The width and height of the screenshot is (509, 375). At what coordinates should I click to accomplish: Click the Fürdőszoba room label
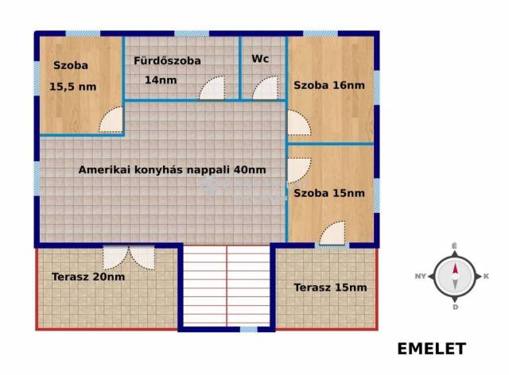[x=167, y=60]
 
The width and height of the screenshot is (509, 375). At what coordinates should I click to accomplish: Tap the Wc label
[x=260, y=59]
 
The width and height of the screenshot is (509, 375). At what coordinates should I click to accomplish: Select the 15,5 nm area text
[x=72, y=87]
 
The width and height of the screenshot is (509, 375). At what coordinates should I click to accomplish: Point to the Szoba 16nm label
[x=329, y=85]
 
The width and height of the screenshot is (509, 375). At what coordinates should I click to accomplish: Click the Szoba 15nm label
[x=329, y=193]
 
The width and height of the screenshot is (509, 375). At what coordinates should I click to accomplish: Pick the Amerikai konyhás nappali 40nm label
[x=172, y=170]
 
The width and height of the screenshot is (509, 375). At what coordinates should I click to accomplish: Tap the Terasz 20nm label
[x=88, y=276]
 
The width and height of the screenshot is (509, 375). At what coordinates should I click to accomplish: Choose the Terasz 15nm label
[x=331, y=288]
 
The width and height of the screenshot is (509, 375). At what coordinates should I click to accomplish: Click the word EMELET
[x=432, y=349]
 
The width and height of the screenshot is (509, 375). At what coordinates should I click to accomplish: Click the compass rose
[x=455, y=276]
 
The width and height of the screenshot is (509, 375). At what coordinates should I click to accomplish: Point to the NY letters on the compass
[x=421, y=276]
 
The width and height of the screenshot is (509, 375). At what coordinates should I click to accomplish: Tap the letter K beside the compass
[x=486, y=276]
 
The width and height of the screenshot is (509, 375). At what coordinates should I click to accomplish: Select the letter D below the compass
[x=455, y=307]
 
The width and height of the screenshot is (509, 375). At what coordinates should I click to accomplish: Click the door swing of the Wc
[x=266, y=87]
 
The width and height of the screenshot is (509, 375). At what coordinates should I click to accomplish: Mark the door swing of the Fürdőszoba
[x=212, y=87]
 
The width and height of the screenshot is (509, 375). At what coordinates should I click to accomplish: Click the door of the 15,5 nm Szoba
[x=111, y=120]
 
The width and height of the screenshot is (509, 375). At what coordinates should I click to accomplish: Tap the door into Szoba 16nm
[x=299, y=122]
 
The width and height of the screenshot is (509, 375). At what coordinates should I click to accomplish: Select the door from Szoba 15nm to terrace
[x=332, y=233]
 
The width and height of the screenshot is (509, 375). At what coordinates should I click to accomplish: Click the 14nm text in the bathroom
[x=161, y=80]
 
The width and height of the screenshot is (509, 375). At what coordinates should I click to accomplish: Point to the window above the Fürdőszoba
[x=192, y=33]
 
